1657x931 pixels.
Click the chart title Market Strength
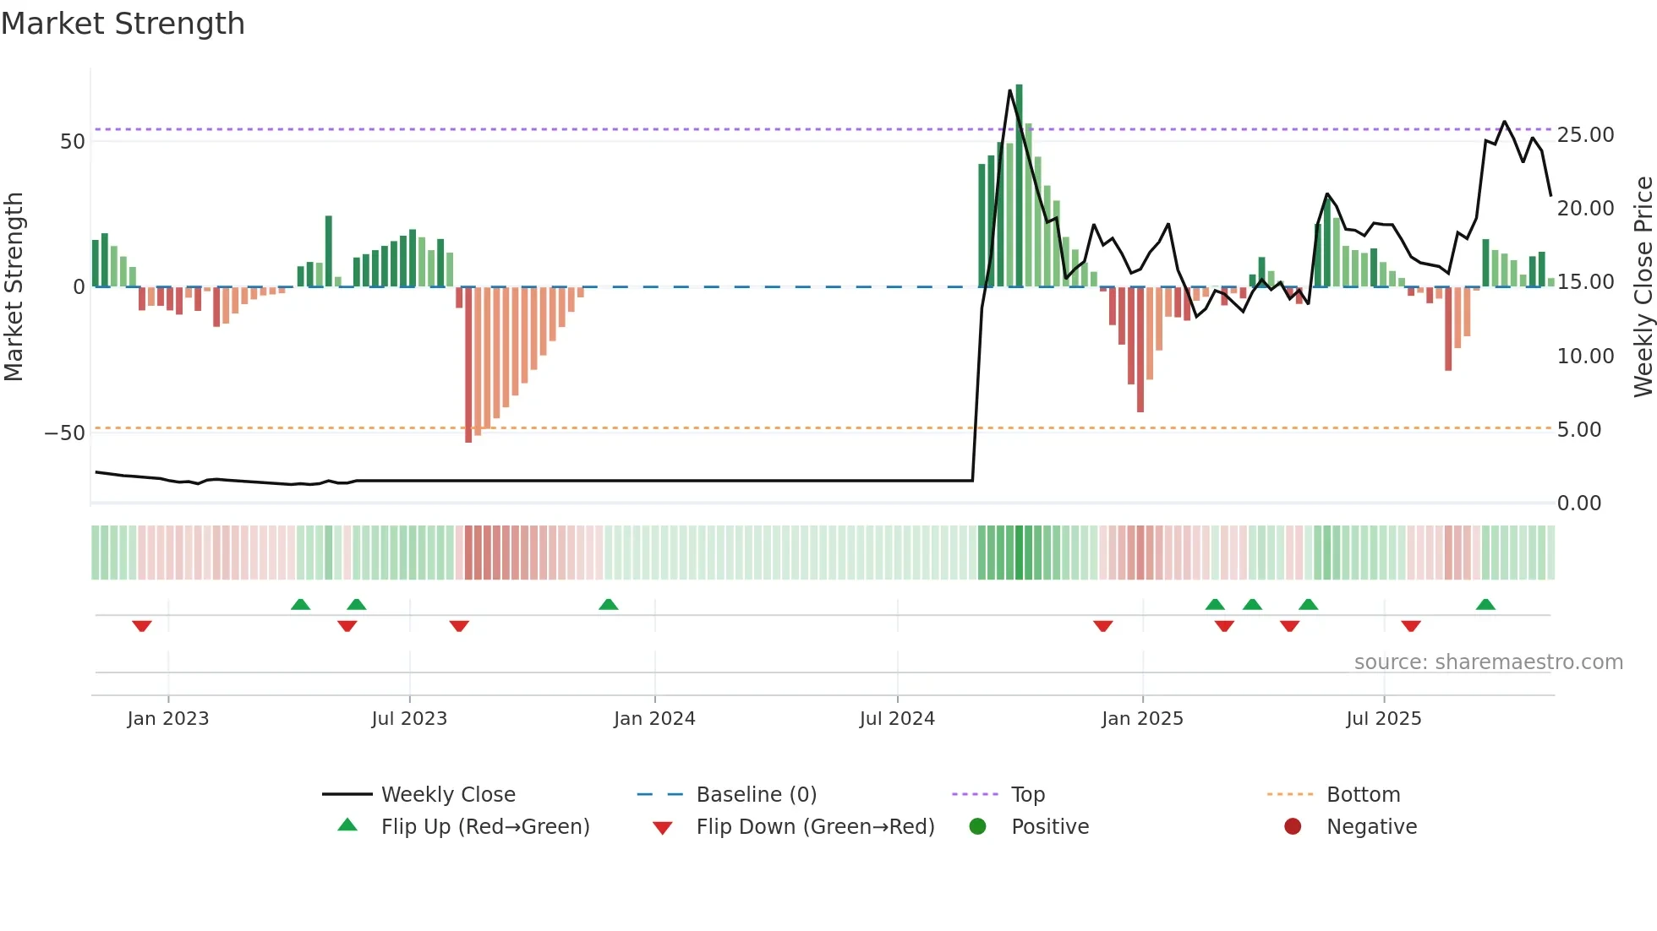coord(123,24)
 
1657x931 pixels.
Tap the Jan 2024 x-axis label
coord(654,719)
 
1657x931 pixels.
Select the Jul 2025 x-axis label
coord(1383,719)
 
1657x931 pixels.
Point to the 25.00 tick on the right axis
coord(1585,135)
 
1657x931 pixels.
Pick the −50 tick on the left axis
coord(65,433)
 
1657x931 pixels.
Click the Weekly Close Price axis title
coord(1643,287)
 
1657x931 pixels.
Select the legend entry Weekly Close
coord(447,795)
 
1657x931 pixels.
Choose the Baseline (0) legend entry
coord(756,795)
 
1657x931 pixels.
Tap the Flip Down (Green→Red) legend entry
coord(814,827)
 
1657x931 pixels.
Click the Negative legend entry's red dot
coord(1292,827)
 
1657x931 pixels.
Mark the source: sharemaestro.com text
coord(1488,662)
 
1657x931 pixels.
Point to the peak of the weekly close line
coord(1009,90)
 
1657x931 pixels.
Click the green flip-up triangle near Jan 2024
coord(608,604)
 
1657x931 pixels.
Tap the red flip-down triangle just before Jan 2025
coord(1102,626)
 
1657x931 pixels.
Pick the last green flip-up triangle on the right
coord(1485,604)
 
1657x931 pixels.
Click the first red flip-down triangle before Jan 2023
coord(142,626)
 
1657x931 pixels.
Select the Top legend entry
coord(1027,795)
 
